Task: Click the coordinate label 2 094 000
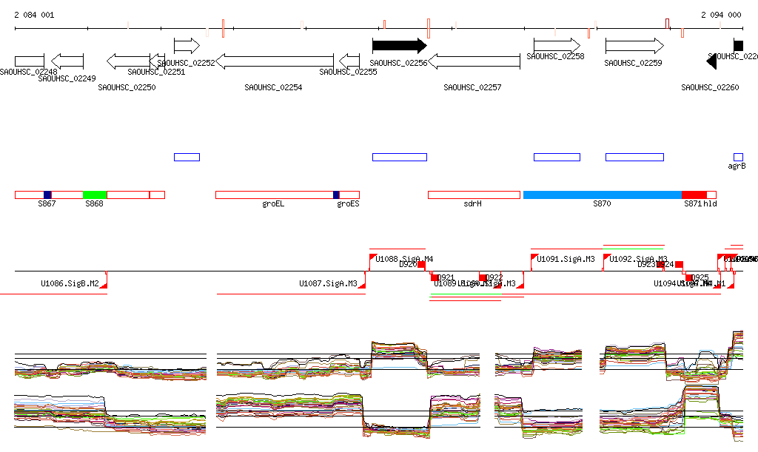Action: click(720, 15)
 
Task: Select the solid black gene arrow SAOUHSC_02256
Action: click(399, 46)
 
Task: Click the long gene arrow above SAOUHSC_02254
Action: click(274, 61)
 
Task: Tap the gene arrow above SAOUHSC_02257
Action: click(474, 61)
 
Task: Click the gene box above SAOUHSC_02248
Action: click(30, 61)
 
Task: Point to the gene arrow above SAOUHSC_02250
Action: click(129, 61)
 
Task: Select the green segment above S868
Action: click(95, 195)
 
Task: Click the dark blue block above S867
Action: click(47, 195)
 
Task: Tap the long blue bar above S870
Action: click(602, 195)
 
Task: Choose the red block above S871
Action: click(694, 195)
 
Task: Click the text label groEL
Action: click(273, 203)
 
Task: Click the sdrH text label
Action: click(472, 203)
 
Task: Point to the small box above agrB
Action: click(738, 157)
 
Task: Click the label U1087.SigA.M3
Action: click(328, 283)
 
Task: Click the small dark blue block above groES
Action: click(336, 195)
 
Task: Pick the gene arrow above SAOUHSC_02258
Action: click(557, 46)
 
